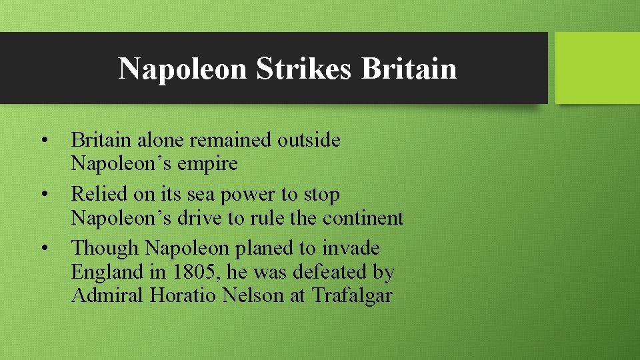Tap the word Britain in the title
pos(409,69)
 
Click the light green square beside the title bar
pos(597,68)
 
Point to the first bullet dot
pos(43,141)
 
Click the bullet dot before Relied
pos(43,195)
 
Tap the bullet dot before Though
pos(43,249)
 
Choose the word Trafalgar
pos(351,295)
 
